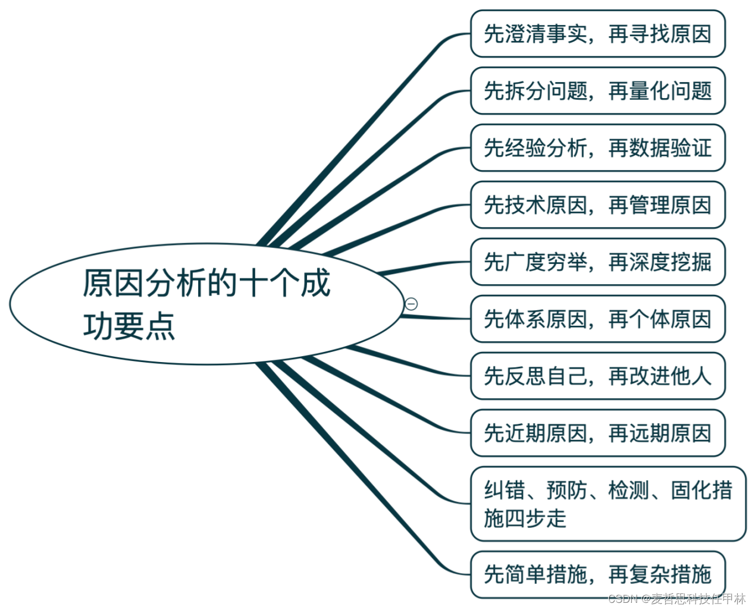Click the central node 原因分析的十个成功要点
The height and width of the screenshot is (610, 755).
tap(206, 304)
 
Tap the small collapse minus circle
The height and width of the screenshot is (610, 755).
tap(411, 304)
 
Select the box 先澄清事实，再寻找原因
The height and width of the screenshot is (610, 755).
tap(597, 34)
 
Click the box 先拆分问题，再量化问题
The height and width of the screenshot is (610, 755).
tap(597, 91)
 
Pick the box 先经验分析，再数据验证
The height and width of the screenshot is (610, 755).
tap(597, 147)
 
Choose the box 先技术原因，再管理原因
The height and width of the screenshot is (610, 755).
tap(597, 205)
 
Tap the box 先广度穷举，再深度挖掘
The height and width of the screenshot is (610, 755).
tap(597, 262)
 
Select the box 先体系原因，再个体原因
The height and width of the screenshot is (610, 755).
tap(597, 319)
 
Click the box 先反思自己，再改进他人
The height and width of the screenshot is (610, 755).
tap(597, 376)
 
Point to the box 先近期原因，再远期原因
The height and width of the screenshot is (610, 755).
tap(597, 433)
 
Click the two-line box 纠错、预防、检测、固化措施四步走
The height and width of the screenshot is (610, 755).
tap(608, 504)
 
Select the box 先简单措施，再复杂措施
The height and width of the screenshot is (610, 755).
tap(597, 574)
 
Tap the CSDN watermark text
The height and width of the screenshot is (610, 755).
tap(677, 599)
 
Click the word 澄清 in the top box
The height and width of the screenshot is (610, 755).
tap(525, 34)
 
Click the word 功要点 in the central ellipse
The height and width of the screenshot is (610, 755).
tap(129, 326)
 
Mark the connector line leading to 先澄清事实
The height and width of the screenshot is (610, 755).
tap(358, 134)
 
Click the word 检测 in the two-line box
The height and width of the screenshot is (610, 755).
tap(628, 490)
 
